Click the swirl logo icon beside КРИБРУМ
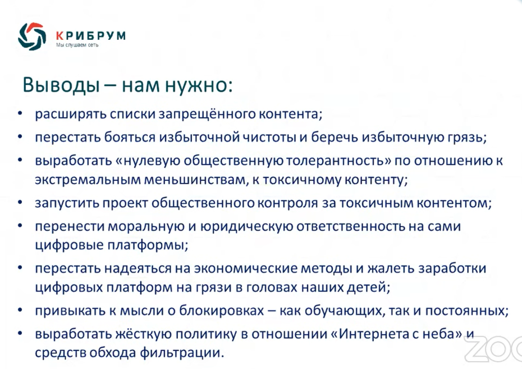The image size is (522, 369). point(32,37)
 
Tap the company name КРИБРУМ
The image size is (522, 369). point(91,35)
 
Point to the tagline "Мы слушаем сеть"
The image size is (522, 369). point(77,45)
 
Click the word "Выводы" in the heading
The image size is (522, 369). point(61,85)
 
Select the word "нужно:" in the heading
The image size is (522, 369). point(199,85)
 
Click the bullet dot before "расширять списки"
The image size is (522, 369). point(20,113)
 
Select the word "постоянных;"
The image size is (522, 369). point(467,311)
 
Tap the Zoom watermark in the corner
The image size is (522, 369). point(494,349)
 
